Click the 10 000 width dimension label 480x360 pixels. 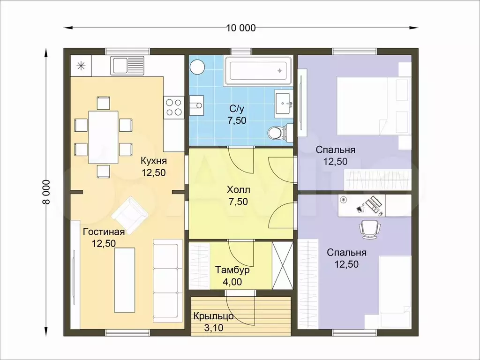(241, 28)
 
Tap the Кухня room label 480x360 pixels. (154, 161)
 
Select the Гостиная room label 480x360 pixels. (104, 232)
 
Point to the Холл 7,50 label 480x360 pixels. (238, 195)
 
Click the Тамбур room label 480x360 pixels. (232, 270)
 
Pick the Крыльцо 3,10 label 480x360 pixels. (213, 322)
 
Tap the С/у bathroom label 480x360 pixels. (237, 109)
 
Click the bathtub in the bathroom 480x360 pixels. (259, 71)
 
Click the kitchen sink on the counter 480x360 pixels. (127, 65)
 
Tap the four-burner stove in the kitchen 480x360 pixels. (173, 107)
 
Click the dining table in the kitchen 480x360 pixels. (104, 137)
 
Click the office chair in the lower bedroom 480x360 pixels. (369, 228)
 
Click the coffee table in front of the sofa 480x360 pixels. (125, 280)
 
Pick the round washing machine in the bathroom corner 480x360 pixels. (197, 67)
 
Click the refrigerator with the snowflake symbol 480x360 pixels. (81, 66)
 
